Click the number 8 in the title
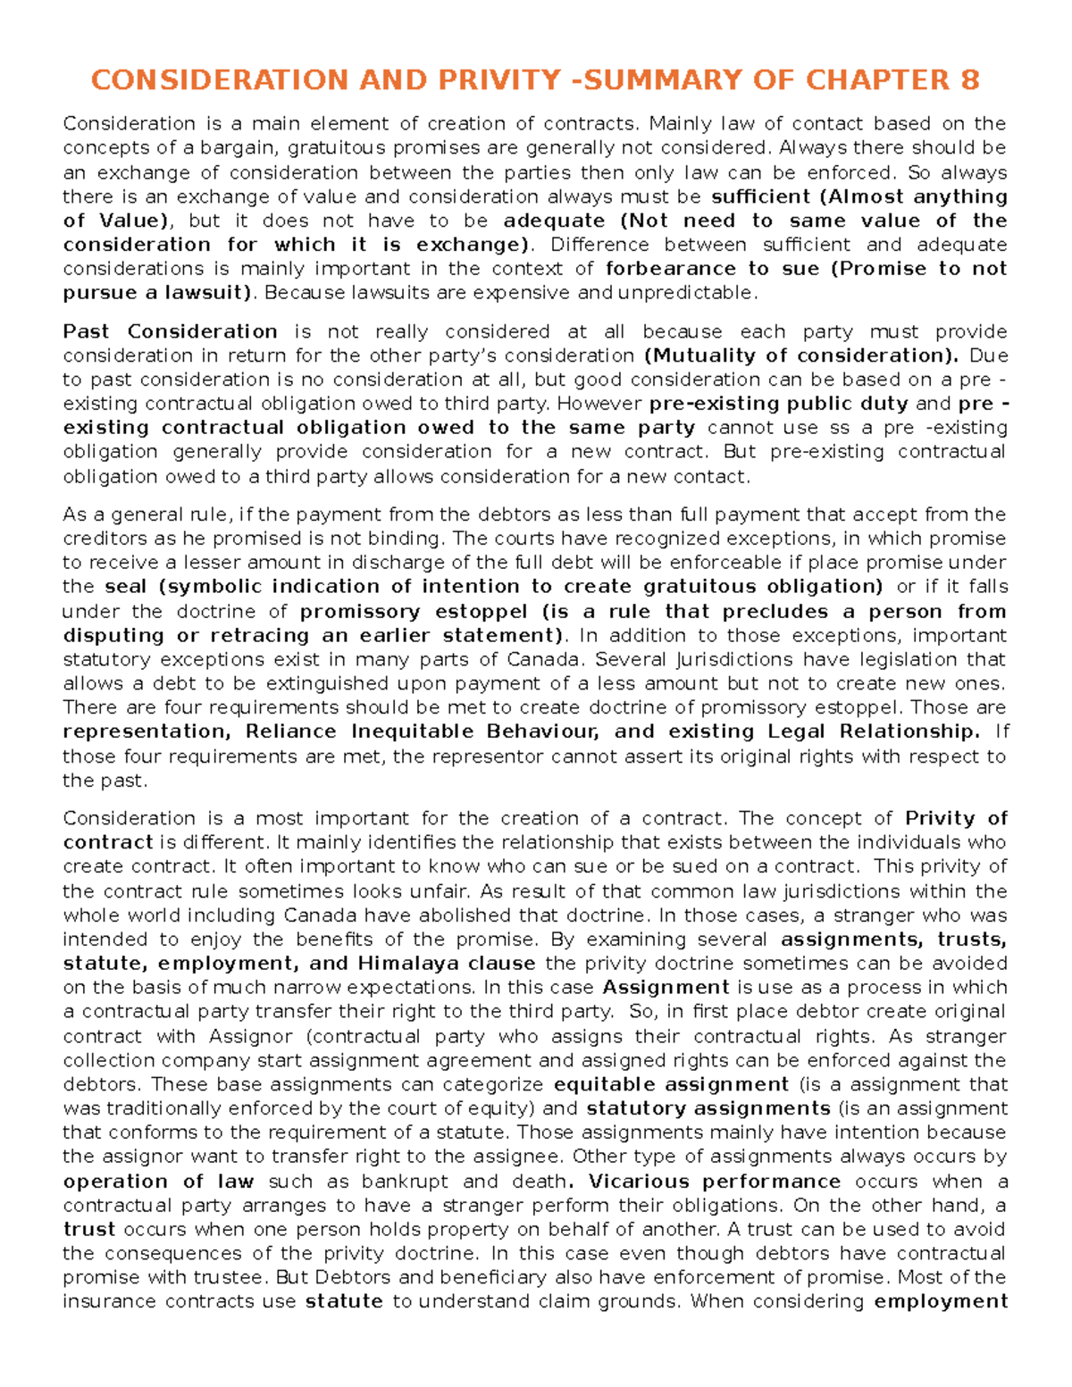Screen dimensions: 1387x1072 [969, 80]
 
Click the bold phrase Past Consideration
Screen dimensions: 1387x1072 [170, 332]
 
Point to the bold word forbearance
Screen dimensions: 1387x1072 [671, 269]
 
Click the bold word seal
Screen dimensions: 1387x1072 [124, 587]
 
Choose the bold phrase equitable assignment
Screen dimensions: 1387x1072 [671, 1085]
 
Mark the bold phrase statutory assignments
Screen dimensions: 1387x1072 [708, 1109]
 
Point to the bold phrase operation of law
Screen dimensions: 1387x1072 [159, 1182]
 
